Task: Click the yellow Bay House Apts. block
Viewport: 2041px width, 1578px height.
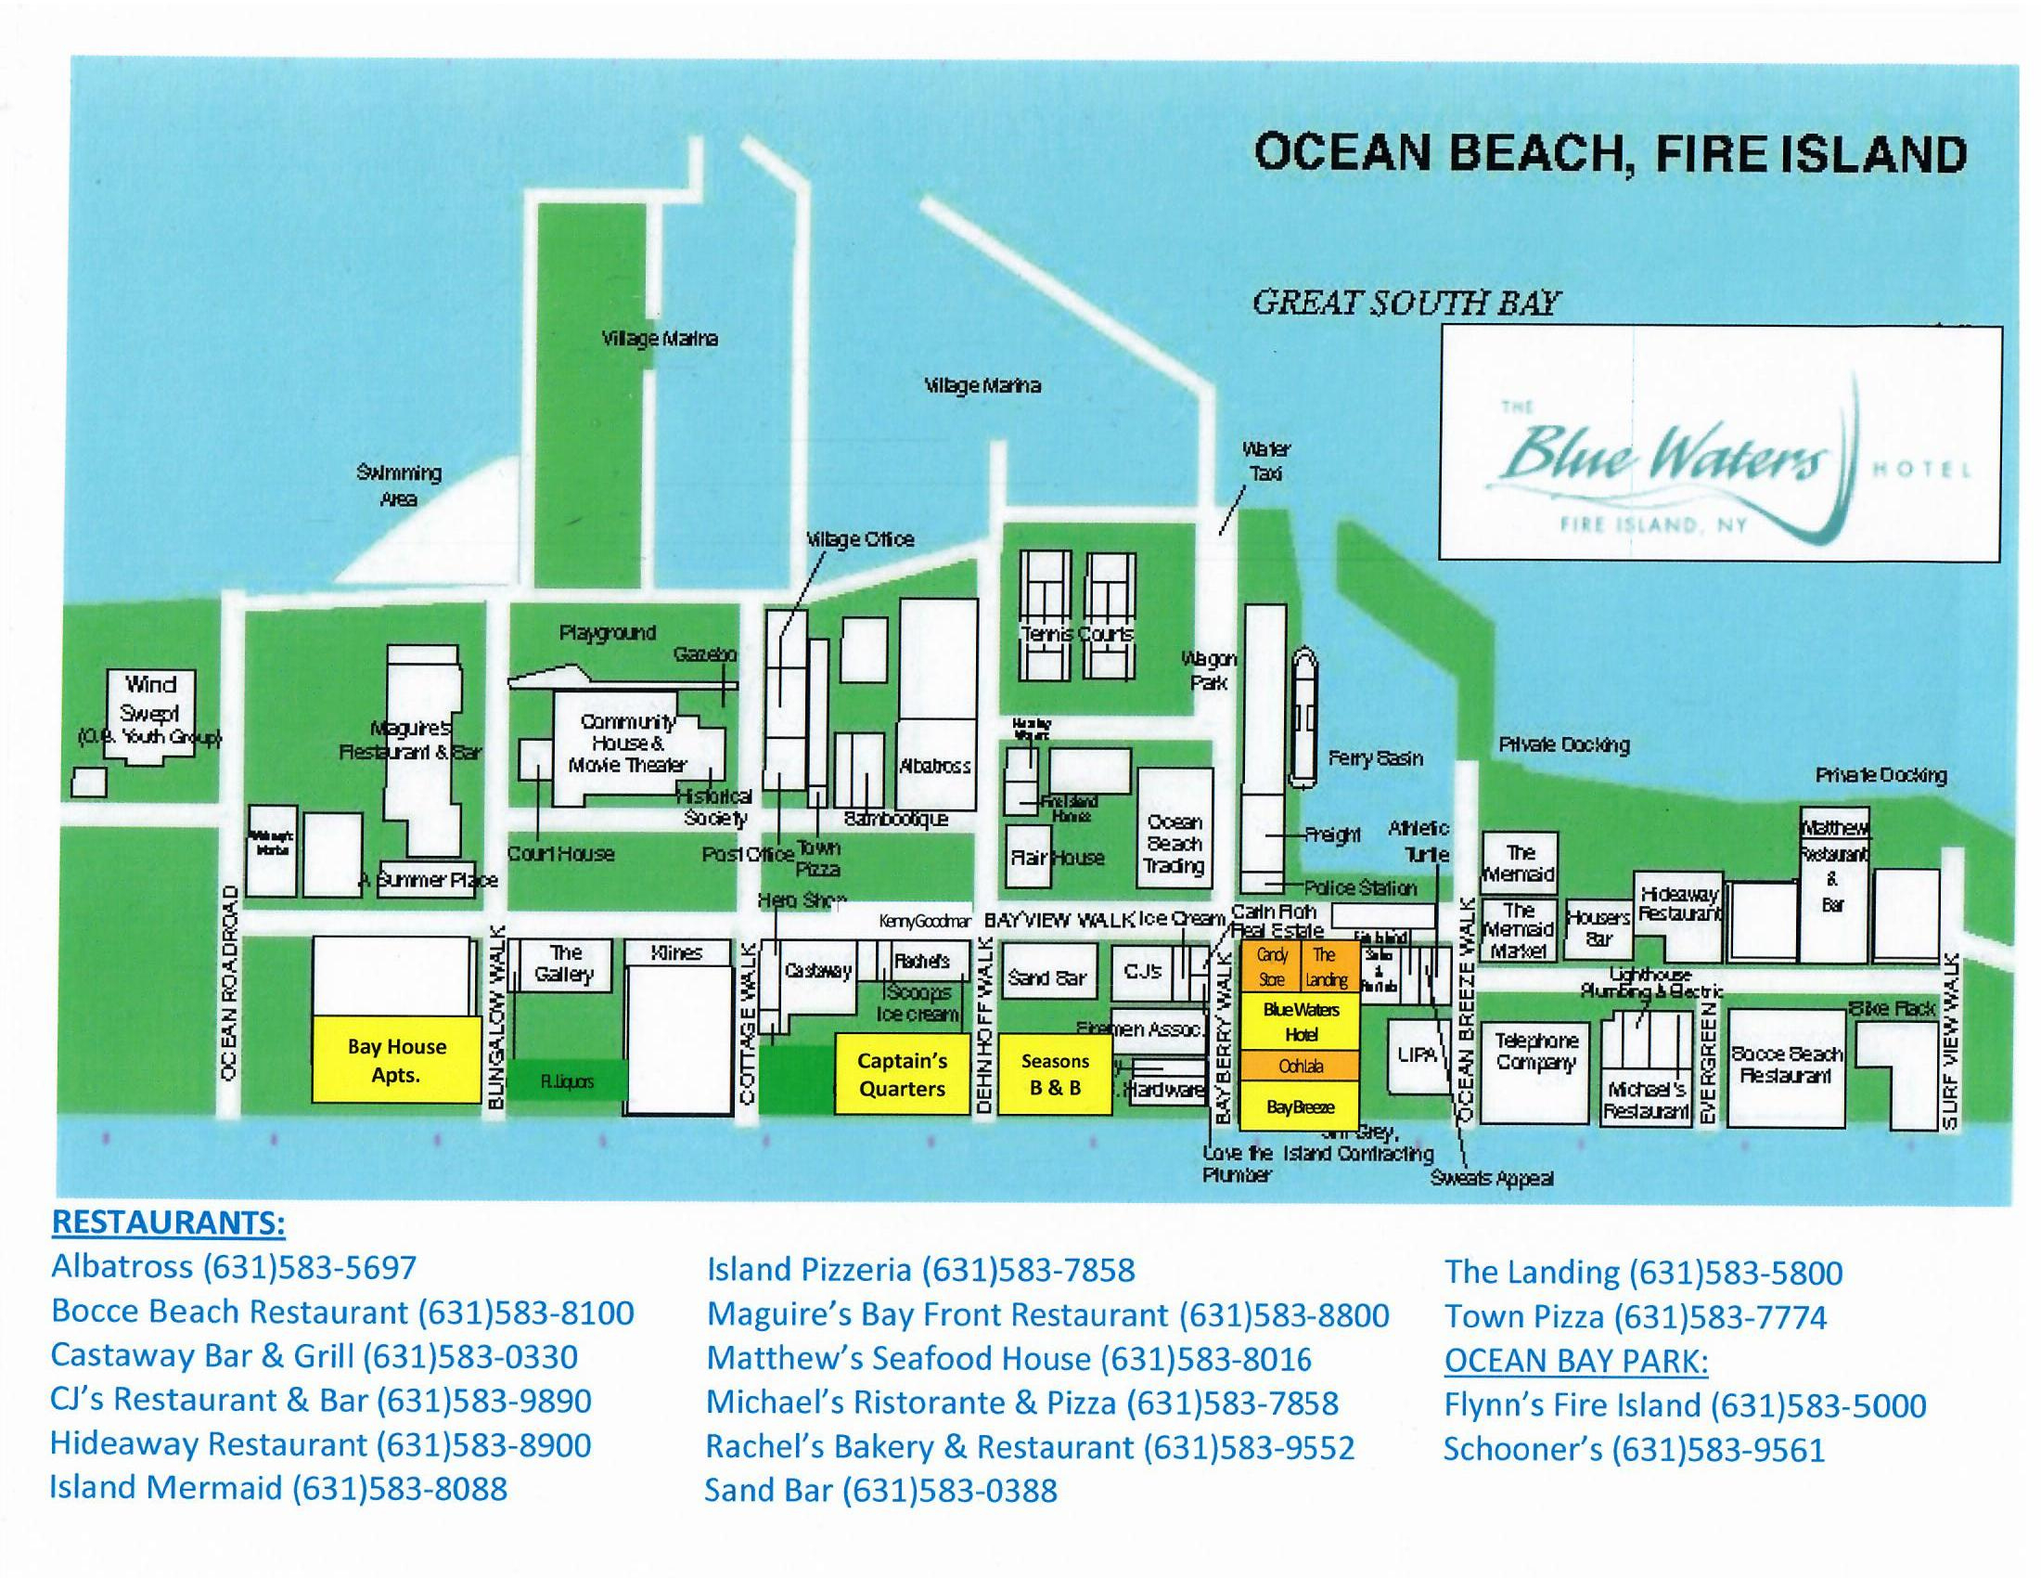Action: point(396,1059)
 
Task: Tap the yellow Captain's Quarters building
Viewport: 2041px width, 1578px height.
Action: point(902,1074)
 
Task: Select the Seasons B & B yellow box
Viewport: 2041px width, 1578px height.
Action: point(1055,1074)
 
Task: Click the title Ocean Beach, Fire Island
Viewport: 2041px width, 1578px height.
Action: point(1610,155)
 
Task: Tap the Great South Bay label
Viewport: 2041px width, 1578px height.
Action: point(1406,304)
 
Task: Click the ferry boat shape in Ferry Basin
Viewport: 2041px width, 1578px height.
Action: point(1304,717)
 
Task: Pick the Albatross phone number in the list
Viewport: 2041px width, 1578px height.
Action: point(234,1267)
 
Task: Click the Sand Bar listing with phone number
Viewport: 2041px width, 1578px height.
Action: point(880,1490)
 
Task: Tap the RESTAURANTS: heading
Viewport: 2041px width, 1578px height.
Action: point(168,1222)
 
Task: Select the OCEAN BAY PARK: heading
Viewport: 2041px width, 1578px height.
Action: point(1575,1361)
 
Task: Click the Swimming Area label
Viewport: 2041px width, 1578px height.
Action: point(398,485)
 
